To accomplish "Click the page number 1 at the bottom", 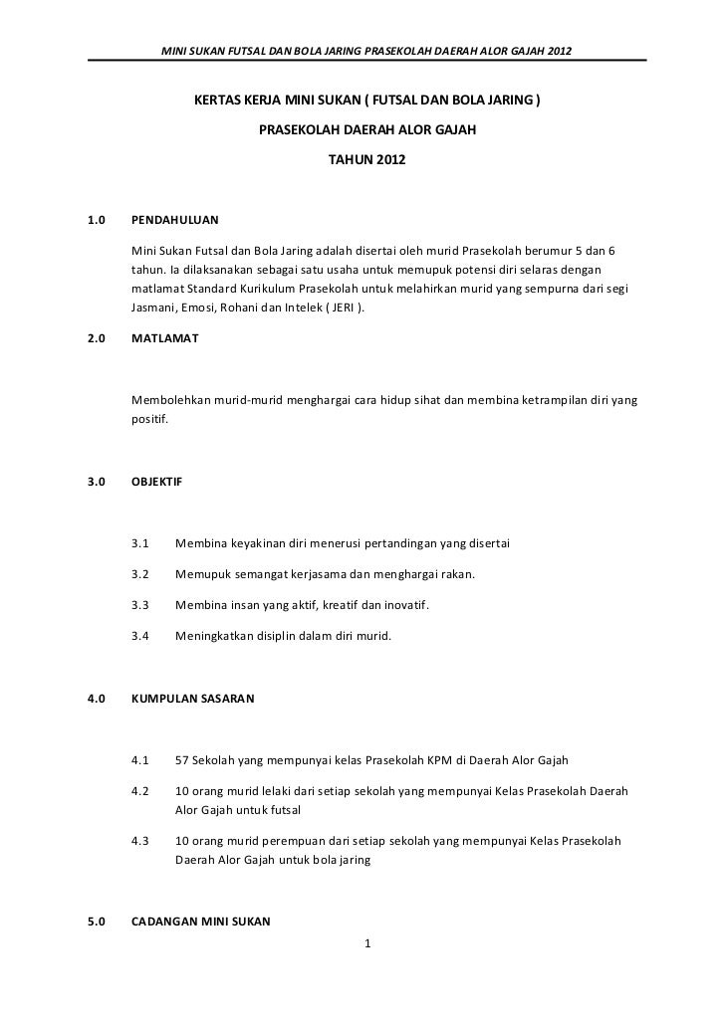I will (367, 943).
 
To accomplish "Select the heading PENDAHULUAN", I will (175, 219).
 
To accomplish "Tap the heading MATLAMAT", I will (164, 338).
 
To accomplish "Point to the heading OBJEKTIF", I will (157, 482).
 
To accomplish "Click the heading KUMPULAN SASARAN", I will (192, 699).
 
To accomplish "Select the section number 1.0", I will (97, 219).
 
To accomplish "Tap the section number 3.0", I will (97, 482).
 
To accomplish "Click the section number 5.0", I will (97, 920).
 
